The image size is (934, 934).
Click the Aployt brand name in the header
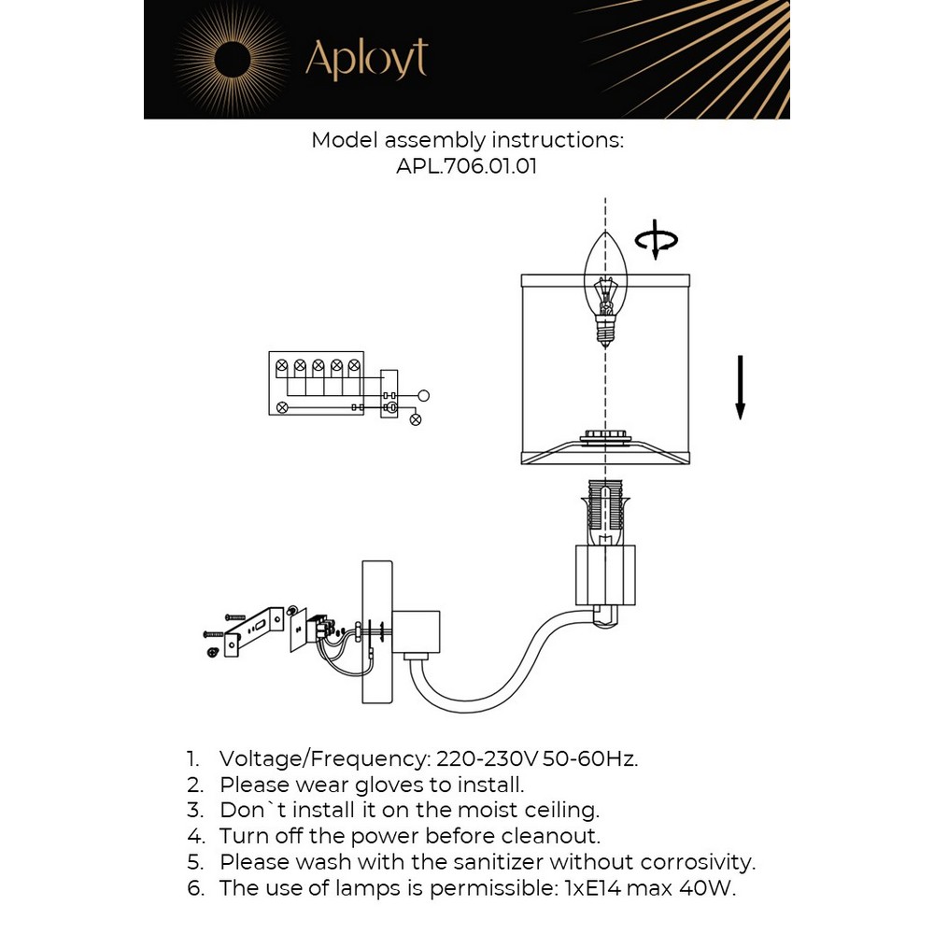366,59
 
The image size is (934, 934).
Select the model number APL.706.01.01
467,167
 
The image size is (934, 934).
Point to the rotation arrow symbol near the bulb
656,239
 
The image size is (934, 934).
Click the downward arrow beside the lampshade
740,387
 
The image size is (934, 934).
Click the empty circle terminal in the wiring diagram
423,395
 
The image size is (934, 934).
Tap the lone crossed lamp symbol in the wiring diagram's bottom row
283,407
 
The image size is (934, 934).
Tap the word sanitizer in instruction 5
487,861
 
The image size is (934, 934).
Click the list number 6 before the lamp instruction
194,887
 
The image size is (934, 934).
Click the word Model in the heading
345,140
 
